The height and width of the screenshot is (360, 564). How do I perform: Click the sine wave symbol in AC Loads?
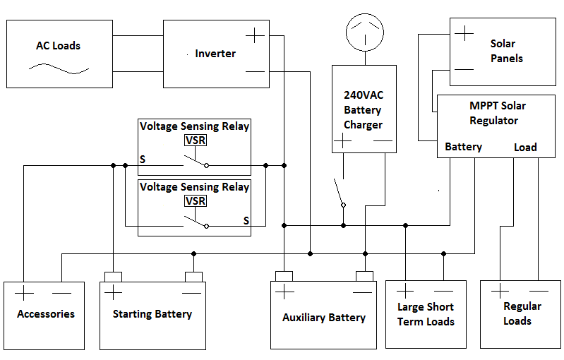(x=59, y=70)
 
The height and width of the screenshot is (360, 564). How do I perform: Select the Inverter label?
(x=215, y=54)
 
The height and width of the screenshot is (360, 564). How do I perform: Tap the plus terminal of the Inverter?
(x=255, y=35)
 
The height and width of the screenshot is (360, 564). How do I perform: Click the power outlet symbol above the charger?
(x=363, y=31)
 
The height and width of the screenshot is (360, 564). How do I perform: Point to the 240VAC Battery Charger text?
(x=363, y=109)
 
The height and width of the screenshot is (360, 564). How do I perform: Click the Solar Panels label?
(x=507, y=51)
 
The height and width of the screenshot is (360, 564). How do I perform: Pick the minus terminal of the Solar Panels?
(x=464, y=69)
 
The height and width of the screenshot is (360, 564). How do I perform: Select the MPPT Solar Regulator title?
(x=498, y=113)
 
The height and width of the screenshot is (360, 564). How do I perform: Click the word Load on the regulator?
(x=525, y=148)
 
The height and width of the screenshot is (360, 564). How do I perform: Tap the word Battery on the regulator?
(x=463, y=147)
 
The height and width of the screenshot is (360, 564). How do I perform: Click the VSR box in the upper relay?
(x=195, y=140)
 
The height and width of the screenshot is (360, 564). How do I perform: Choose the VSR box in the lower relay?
(x=195, y=200)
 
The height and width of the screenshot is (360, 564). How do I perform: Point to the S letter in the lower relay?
(x=246, y=220)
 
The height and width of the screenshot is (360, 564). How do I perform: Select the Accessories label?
(x=46, y=314)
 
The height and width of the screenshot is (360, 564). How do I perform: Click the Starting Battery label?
(x=152, y=314)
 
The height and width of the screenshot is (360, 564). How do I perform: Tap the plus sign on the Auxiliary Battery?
(x=284, y=292)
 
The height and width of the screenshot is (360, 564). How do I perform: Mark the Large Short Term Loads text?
(x=426, y=314)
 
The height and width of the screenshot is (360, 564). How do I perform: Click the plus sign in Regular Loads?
(x=500, y=291)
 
